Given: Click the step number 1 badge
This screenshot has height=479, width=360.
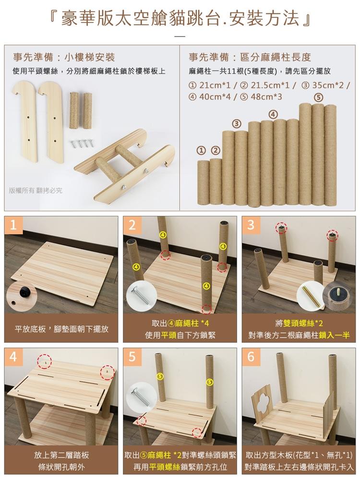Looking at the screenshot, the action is [x=13, y=225].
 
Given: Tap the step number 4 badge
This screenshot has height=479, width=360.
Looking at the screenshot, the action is [x=13, y=357].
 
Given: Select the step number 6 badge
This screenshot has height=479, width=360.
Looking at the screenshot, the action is [x=251, y=357].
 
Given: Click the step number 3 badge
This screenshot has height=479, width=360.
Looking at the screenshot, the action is [x=251, y=225].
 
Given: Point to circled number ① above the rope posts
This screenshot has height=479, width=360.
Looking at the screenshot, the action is [x=201, y=150].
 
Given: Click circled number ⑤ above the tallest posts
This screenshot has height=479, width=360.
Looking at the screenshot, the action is [x=318, y=97].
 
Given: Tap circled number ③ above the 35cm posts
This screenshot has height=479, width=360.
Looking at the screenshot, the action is [x=237, y=124].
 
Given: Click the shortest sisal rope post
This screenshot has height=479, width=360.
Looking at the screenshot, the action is [x=203, y=182].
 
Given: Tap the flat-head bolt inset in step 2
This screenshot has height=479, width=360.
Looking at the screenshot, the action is [x=141, y=296].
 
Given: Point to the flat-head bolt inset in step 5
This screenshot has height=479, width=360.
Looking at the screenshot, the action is [x=141, y=396].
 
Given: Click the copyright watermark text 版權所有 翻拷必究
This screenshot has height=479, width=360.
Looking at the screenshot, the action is [x=36, y=191].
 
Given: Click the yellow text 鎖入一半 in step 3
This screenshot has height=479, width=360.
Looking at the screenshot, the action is [x=334, y=335].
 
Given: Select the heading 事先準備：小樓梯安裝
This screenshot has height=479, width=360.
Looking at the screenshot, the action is [x=64, y=57].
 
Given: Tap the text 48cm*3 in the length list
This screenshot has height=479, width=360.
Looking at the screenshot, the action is [x=266, y=97].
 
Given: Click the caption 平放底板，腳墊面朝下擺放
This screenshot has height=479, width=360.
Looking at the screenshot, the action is [x=61, y=329].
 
